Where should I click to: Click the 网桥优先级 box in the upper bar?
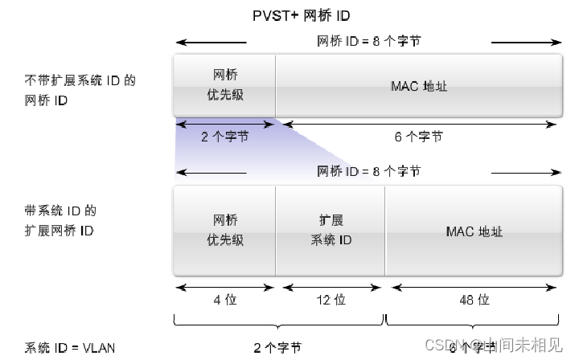tap(224, 85)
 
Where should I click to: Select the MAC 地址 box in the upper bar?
tap(418, 85)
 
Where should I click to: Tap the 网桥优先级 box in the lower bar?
tap(224, 231)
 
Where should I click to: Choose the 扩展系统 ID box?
tap(331, 231)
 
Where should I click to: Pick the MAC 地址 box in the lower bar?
tap(474, 231)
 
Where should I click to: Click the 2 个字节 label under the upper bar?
tap(224, 137)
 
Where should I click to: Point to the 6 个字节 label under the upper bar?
tap(418, 137)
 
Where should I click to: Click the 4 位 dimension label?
tap(224, 299)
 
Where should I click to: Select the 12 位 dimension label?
tap(331, 299)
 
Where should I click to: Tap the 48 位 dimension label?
tap(474, 299)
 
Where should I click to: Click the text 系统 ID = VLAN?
tap(69, 348)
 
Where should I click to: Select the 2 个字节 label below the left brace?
tap(277, 348)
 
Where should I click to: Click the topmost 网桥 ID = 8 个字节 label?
tap(366, 41)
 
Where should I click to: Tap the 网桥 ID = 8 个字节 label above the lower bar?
tap(366, 171)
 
